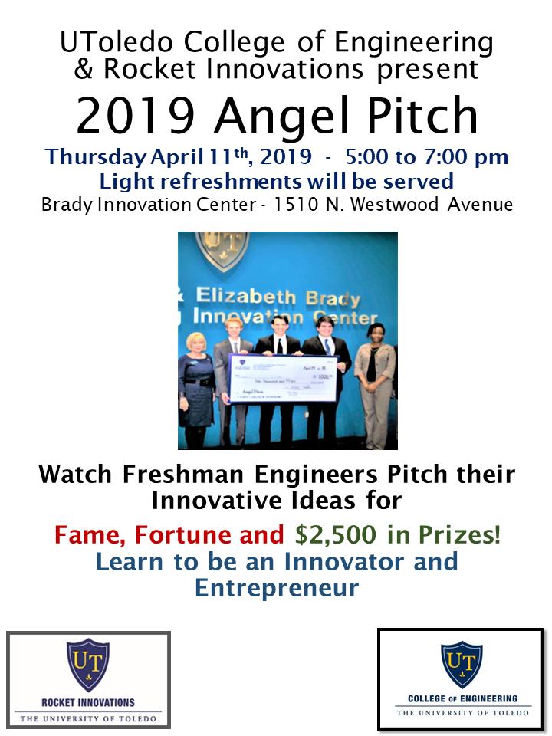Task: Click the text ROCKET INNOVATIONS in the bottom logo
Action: pos(87,701)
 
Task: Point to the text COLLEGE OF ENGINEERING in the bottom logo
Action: pos(462,699)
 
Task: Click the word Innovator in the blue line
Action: pos(344,562)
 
